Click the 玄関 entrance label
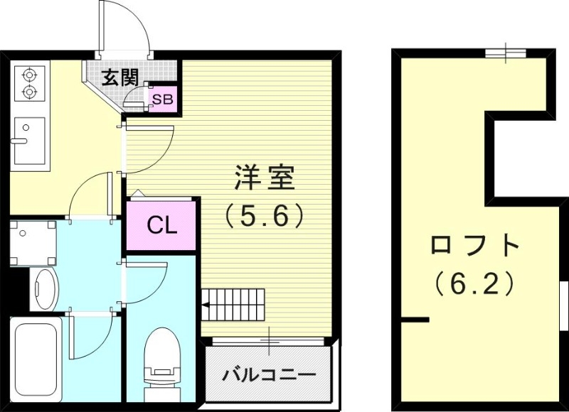pos(119,77)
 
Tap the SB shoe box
pos(162,99)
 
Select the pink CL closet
pos(161,227)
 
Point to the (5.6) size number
pos(265,214)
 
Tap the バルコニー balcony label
pos(268,374)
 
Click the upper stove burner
pos(29,73)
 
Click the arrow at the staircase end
pos(205,307)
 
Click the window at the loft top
pos(506,53)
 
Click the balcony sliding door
pos(270,342)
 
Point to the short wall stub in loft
pos(414,320)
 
